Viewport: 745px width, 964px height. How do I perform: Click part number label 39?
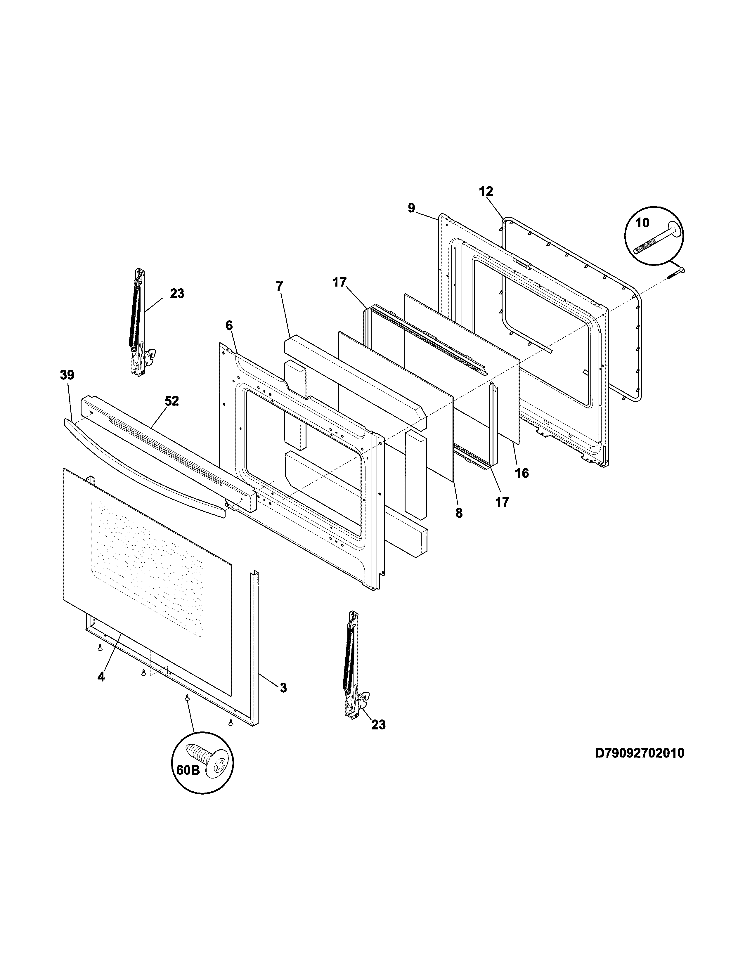[67, 375]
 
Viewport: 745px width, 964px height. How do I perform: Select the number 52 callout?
[172, 401]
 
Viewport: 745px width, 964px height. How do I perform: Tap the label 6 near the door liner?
[229, 325]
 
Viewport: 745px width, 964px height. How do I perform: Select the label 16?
[522, 473]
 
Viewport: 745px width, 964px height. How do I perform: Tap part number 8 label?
[459, 513]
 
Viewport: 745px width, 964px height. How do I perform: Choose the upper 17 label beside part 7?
[339, 282]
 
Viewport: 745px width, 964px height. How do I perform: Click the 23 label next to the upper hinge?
[177, 294]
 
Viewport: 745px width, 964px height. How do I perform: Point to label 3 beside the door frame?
[283, 688]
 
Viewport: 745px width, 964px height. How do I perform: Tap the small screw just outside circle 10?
[676, 272]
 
